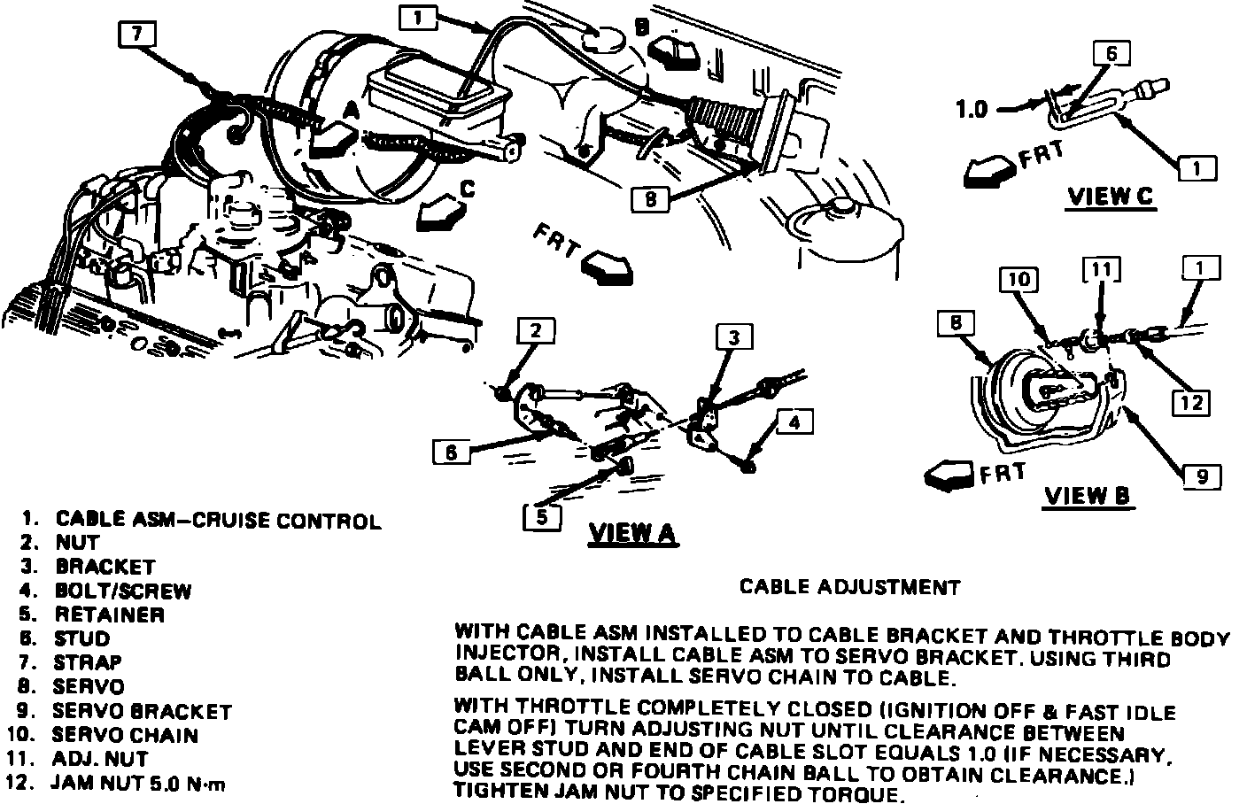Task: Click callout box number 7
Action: tap(136, 34)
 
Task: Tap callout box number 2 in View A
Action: tap(535, 331)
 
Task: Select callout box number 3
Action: tap(734, 336)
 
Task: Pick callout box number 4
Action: tap(794, 422)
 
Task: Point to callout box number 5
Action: tap(542, 515)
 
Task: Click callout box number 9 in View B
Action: tap(1202, 476)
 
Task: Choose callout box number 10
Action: tap(1019, 280)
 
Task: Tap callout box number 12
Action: tap(1190, 402)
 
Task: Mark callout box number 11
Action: tap(1101, 269)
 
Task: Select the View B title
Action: tap(1088, 496)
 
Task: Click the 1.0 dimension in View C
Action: tap(972, 110)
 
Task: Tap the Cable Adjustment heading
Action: tap(849, 587)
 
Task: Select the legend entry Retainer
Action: tap(109, 615)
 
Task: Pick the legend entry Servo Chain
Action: tap(125, 735)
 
